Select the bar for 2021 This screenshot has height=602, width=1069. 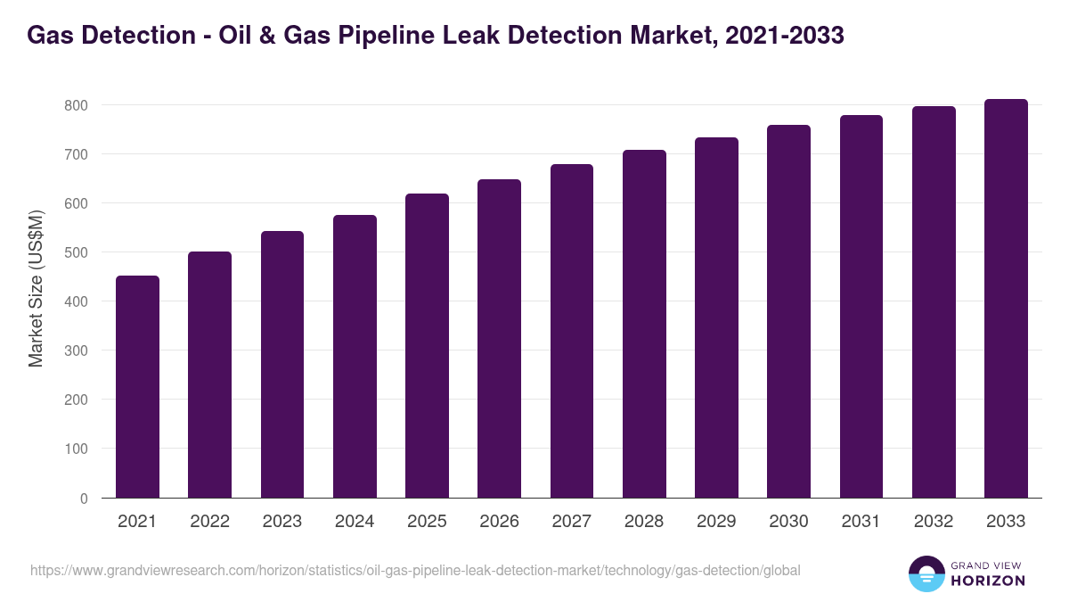point(137,387)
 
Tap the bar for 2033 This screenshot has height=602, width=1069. point(1006,299)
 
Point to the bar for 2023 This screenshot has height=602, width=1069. point(282,365)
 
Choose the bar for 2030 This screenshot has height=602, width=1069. point(788,311)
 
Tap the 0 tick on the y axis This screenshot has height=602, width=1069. point(84,499)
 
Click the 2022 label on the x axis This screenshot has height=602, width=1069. point(209,522)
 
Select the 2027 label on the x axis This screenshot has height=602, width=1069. point(571,522)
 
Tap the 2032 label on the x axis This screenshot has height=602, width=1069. point(934,522)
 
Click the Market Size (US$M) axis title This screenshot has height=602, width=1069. point(36,288)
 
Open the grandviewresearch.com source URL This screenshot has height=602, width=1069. point(415,570)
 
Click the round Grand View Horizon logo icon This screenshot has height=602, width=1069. point(926,573)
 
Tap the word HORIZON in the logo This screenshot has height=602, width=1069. point(988,581)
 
